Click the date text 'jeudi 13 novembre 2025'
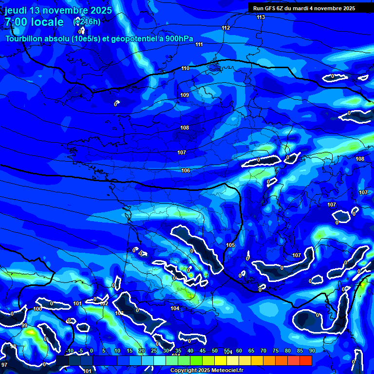point(58,10)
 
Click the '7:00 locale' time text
point(34,22)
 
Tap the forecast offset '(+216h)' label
point(87,21)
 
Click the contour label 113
point(261,17)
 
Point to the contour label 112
point(225,28)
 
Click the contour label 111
point(199,44)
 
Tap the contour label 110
point(185,68)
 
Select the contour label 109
point(185,95)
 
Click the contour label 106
point(186,170)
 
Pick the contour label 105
point(230,244)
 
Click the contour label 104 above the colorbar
point(175,308)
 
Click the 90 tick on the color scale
point(312,351)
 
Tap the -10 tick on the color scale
point(69,351)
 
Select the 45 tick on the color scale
point(203,351)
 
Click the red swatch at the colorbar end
point(306,360)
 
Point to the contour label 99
point(24,325)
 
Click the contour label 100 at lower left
point(38,309)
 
